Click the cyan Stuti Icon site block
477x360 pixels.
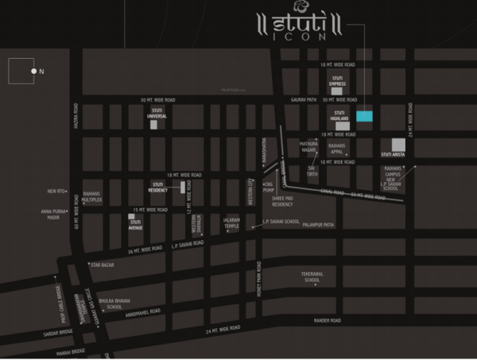[363, 116]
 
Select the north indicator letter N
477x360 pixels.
[42, 72]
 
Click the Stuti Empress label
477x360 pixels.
[336, 80]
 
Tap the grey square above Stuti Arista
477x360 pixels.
[398, 144]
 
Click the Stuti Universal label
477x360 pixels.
[157, 114]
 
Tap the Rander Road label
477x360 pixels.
[326, 320]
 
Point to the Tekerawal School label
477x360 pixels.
[310, 277]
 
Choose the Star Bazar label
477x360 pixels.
[102, 264]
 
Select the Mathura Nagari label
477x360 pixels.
[308, 147]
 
